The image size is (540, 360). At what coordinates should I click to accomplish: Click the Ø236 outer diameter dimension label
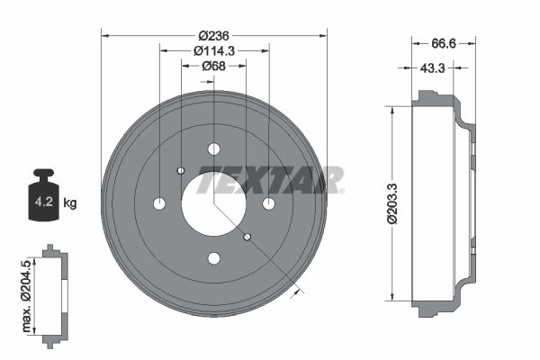tap(214, 35)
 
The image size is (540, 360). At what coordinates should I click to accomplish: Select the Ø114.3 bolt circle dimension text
tap(214, 51)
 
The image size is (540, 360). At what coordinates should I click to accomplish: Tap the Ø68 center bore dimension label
tap(214, 66)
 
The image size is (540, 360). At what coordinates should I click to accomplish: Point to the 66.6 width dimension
tap(444, 44)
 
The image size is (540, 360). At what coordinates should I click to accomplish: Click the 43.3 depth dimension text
tap(433, 68)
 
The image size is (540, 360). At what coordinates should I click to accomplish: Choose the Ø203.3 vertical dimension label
tap(392, 203)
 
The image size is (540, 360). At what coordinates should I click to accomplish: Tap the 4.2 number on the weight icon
tap(44, 202)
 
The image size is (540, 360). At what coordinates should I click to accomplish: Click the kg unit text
tap(70, 202)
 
